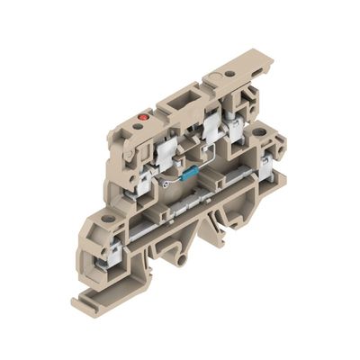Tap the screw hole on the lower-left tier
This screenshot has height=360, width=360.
pyautogui.click(x=109, y=219)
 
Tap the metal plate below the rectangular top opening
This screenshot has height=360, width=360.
pyautogui.click(x=211, y=130)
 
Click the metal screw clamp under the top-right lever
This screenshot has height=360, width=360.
pyautogui.click(x=237, y=126)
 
